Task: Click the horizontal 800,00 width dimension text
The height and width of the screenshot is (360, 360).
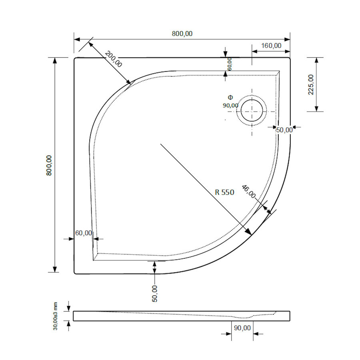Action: click(x=182, y=34)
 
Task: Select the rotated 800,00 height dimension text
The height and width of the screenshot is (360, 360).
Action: click(x=49, y=165)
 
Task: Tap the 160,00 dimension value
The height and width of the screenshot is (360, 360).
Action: click(x=271, y=46)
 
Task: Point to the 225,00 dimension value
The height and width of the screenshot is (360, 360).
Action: click(x=311, y=84)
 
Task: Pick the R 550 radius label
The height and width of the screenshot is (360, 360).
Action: click(x=224, y=192)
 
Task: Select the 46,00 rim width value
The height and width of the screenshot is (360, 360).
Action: click(x=249, y=192)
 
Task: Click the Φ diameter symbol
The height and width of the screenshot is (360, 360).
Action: click(x=230, y=97)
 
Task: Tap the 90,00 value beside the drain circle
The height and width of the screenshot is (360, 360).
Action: click(x=231, y=105)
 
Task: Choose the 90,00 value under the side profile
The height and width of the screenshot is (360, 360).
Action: click(x=242, y=328)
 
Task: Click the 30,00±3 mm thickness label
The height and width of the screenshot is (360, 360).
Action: click(x=56, y=316)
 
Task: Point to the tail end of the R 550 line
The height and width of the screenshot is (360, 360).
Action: click(x=161, y=144)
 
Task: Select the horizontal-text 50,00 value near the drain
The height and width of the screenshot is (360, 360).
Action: click(x=284, y=130)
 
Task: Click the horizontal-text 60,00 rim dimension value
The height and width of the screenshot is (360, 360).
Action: click(x=83, y=233)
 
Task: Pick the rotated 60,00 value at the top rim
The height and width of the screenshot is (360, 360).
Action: click(x=230, y=64)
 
